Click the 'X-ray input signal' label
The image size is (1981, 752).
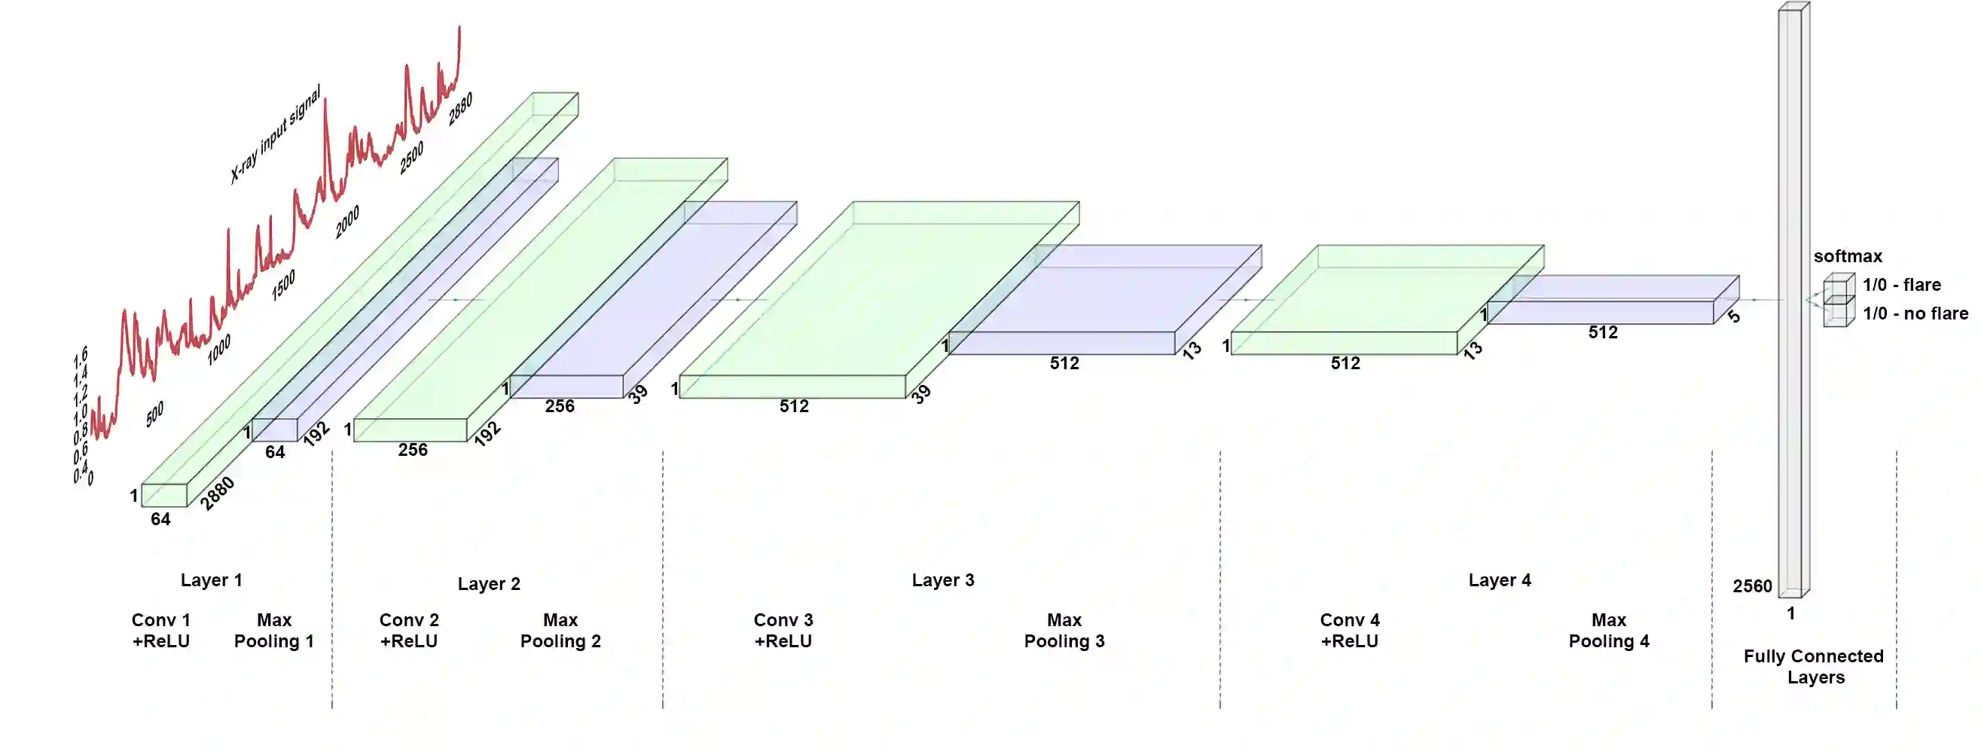[x=276, y=135]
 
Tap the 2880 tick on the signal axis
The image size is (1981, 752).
[x=461, y=109]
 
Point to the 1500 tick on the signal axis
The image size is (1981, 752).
[x=283, y=286]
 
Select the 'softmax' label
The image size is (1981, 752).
[x=1847, y=256]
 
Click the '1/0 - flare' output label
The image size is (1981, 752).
[x=1901, y=285]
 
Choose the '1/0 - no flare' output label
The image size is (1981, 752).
[x=1915, y=313]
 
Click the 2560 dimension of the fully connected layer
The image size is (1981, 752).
[x=1752, y=586]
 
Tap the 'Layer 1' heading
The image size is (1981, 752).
[x=212, y=579]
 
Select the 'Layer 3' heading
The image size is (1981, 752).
[x=943, y=579]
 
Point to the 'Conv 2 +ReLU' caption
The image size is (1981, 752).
[x=408, y=631]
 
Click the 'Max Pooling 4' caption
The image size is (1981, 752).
[x=1609, y=631]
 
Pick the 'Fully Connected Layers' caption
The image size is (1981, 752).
[x=1814, y=667]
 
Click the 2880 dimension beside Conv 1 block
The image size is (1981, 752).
[x=217, y=494]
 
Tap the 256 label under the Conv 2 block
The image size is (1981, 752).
[x=413, y=450]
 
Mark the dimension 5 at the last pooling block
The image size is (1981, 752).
[x=1734, y=316]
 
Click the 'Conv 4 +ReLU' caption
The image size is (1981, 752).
[x=1350, y=631]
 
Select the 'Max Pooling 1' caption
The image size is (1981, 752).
[x=273, y=631]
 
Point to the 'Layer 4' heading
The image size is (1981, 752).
[x=1500, y=579]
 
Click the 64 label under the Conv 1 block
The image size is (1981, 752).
[x=160, y=519]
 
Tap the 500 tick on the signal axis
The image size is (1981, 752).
[x=154, y=414]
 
